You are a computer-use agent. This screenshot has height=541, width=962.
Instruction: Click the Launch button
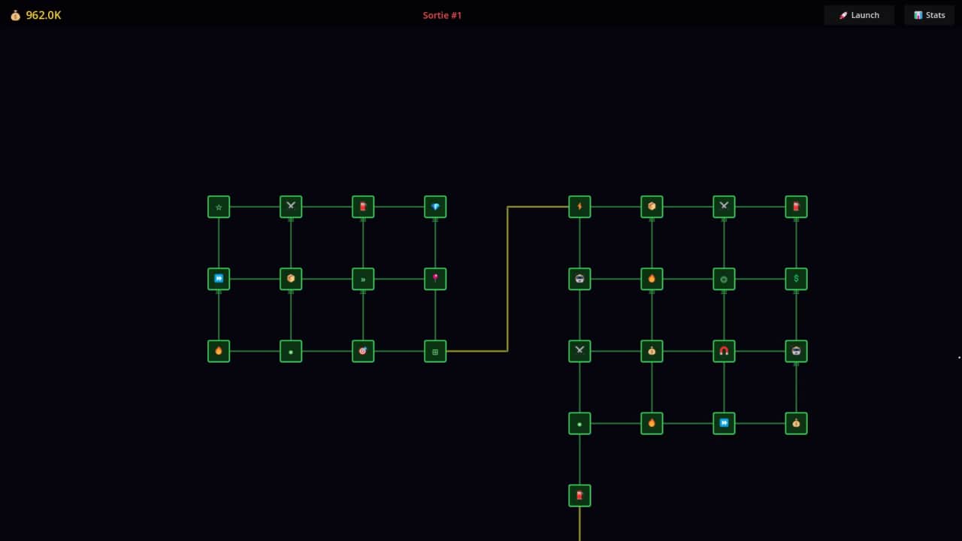pos(859,15)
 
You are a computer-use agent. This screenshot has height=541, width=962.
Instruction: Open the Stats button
pos(930,15)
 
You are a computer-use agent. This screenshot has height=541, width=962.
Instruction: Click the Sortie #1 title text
pos(442,15)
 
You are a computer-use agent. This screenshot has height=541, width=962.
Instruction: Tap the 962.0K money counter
pos(43,15)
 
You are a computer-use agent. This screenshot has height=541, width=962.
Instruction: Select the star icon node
pos(219,207)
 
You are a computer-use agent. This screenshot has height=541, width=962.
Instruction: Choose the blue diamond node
pos(435,207)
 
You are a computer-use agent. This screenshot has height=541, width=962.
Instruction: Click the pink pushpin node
pos(435,279)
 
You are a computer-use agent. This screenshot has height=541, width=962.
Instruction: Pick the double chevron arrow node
pos(363,279)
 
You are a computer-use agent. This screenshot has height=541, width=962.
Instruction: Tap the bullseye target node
pos(363,351)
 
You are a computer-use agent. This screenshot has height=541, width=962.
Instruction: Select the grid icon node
pos(435,351)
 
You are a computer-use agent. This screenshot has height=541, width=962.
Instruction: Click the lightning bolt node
pos(579,207)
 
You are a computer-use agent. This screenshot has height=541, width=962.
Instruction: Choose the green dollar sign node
pos(796,279)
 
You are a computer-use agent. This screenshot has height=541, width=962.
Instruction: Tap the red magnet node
pos(724,351)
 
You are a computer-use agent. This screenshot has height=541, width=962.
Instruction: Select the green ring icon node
pos(724,279)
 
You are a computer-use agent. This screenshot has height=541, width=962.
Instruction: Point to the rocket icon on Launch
pos(843,15)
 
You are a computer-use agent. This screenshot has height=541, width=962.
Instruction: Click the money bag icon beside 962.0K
pos(15,15)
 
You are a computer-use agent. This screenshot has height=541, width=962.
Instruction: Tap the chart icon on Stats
pos(918,15)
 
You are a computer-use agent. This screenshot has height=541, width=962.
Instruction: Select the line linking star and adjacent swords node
pos(255,207)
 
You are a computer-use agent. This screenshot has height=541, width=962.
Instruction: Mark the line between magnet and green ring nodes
pos(724,315)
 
